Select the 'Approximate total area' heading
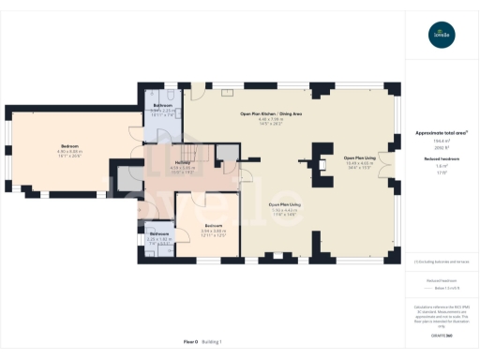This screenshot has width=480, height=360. point(441,133)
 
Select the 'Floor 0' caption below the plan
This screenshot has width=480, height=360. point(190,341)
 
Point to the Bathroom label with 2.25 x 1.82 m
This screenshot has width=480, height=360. point(158,232)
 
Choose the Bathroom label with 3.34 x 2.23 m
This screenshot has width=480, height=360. point(161,105)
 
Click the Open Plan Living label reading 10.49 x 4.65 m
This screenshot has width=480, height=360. point(359,157)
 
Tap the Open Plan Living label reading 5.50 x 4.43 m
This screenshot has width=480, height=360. point(285,203)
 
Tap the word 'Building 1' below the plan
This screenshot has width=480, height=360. point(220,341)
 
